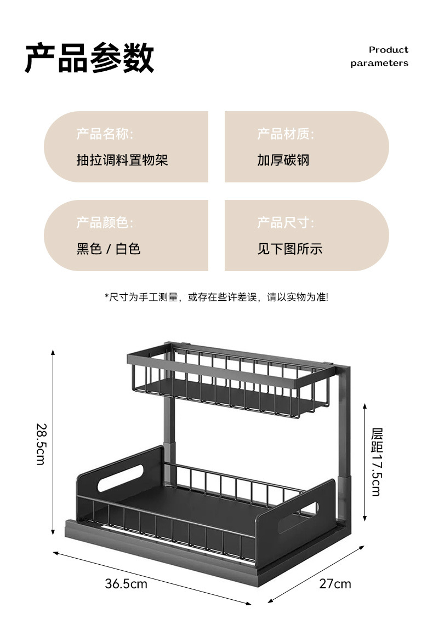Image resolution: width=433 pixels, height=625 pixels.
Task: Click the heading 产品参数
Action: pyautogui.click(x=89, y=58)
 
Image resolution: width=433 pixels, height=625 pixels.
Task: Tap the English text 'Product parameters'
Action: pyautogui.click(x=379, y=56)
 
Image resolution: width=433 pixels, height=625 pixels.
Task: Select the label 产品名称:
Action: pyautogui.click(x=104, y=134)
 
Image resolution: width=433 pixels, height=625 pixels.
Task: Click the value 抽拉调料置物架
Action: pyautogui.click(x=122, y=160)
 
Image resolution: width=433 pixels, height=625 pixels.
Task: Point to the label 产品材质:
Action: pyautogui.click(x=286, y=134)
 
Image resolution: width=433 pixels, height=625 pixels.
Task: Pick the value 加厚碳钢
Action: pyautogui.click(x=283, y=160)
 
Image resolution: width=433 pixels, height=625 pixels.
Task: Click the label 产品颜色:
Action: pyautogui.click(x=104, y=222)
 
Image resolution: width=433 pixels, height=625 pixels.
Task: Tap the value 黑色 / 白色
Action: pyautogui.click(x=109, y=249)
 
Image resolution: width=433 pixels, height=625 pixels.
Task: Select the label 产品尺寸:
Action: pyautogui.click(x=286, y=222)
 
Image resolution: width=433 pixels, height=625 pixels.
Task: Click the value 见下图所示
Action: pyautogui.click(x=290, y=249)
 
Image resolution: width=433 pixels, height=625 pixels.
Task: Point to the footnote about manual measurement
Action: pyautogui.click(x=216, y=297)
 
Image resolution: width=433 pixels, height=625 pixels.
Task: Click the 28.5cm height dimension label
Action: pyautogui.click(x=41, y=443)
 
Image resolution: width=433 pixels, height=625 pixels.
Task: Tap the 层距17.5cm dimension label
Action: pyautogui.click(x=377, y=462)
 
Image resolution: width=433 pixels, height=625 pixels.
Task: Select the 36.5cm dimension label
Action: pyautogui.click(x=126, y=584)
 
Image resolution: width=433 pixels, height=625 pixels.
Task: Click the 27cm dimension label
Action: pyautogui.click(x=335, y=584)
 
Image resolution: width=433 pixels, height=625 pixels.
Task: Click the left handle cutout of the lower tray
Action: pyautogui.click(x=119, y=477)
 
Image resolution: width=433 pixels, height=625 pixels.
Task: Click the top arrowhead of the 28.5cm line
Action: pyautogui.click(x=53, y=352)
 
